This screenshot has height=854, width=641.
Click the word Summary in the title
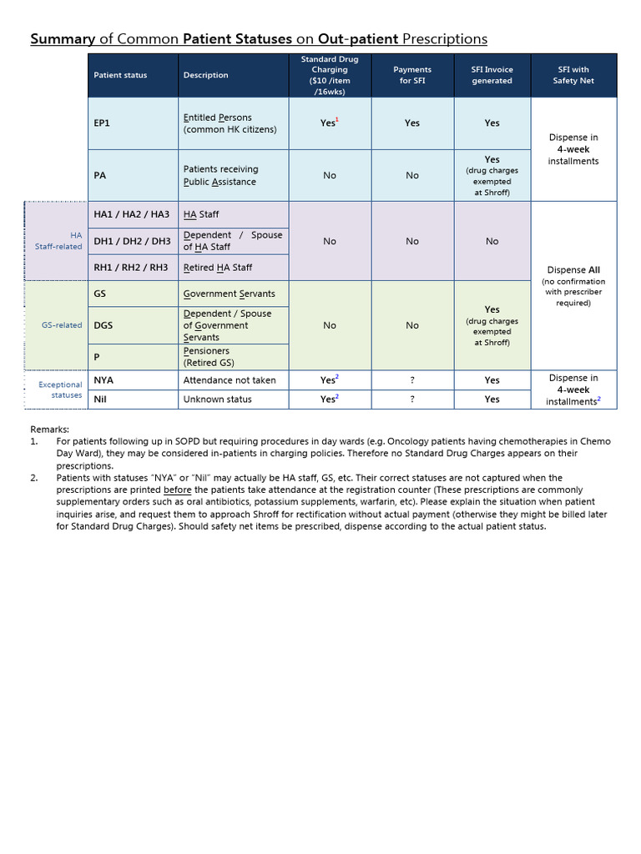point(63,39)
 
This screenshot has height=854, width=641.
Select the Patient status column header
point(120,75)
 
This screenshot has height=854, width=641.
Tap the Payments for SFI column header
point(412,75)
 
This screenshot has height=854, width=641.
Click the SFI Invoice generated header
point(492,75)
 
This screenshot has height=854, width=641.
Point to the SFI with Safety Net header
point(573,75)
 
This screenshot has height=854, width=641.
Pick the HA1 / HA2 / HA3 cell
point(131,214)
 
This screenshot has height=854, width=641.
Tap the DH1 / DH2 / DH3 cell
point(132,241)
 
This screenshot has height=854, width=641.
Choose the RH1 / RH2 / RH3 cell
point(131,268)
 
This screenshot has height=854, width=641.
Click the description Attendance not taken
point(229,379)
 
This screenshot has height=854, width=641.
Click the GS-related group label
point(62,325)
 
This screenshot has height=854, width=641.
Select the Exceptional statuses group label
point(61,389)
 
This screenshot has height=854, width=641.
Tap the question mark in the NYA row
point(412,379)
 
